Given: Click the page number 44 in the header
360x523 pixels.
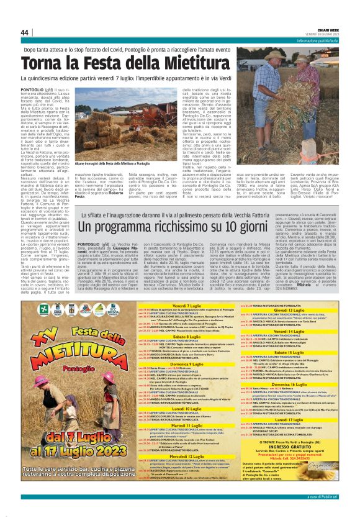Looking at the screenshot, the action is tap(25, 33).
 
